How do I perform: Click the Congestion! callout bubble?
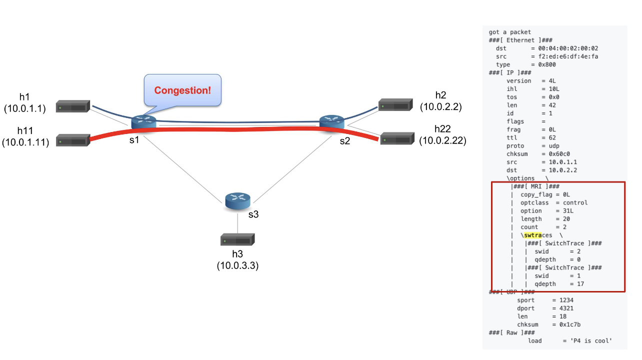182,90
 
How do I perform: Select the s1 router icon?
144,122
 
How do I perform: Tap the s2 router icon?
332,122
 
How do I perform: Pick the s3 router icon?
237,201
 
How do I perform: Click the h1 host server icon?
72,106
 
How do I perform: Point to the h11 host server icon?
72,140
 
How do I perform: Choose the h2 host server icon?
395,105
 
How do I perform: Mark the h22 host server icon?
397,138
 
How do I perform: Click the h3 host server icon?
237,239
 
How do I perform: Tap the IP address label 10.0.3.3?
237,265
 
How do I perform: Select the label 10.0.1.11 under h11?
25,142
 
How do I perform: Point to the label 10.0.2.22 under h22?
443,141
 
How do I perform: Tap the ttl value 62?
545,137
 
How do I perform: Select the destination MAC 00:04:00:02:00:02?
568,48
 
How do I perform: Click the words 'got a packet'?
510,32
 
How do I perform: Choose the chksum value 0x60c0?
552,154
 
